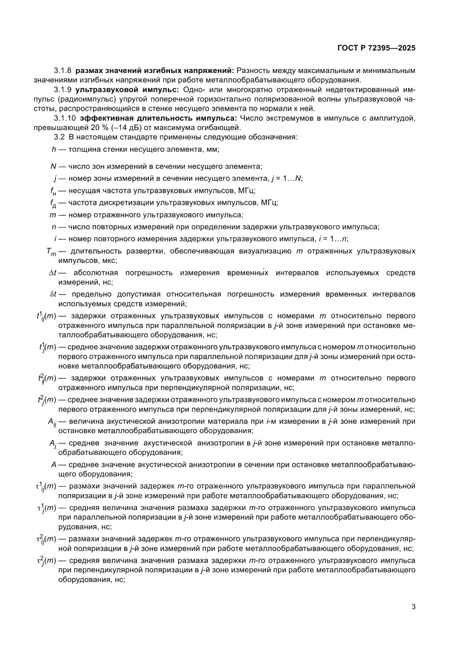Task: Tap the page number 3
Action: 413,607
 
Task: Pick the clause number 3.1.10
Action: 64,118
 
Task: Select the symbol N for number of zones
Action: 53,166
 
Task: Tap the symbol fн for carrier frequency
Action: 53,190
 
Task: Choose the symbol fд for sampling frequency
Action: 53,203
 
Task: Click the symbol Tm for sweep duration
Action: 51,251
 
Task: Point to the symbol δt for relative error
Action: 53,294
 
